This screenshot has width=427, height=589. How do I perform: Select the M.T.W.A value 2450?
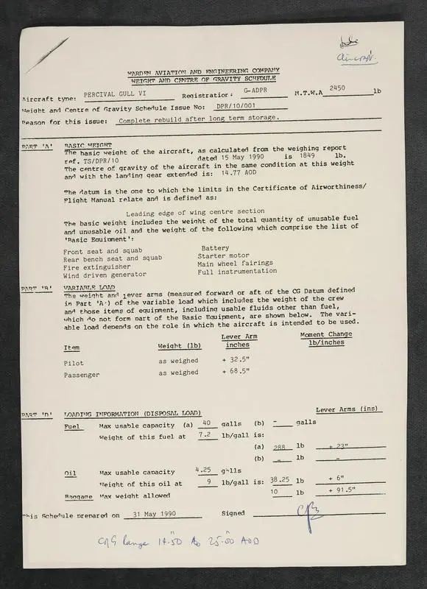(338, 88)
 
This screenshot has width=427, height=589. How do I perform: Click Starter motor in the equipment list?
(224, 255)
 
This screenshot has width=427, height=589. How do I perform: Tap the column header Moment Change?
(326, 334)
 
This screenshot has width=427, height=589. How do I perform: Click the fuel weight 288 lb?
(279, 447)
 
